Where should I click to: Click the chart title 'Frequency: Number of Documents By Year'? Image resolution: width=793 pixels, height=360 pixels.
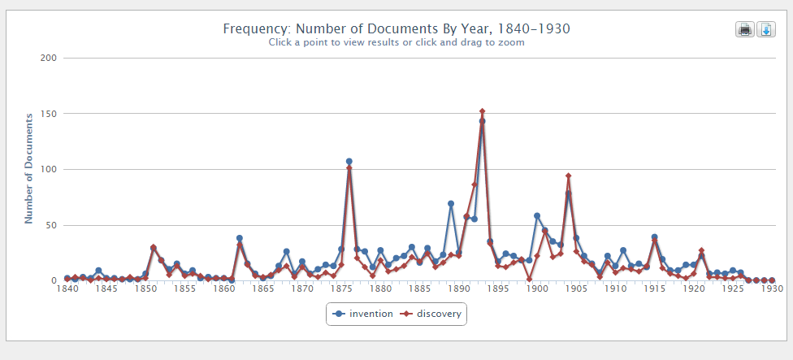click(396, 28)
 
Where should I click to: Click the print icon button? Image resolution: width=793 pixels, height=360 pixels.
click(744, 29)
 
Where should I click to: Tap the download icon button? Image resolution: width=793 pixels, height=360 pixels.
click(765, 29)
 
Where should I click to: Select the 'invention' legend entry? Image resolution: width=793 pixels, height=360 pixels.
click(363, 314)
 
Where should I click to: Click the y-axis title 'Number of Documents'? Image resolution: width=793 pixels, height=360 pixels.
click(29, 169)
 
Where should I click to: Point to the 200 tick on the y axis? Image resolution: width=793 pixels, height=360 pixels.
click(48, 58)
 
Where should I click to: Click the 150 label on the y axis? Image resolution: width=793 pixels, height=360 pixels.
click(48, 114)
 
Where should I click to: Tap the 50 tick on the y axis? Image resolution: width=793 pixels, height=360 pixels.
click(50, 225)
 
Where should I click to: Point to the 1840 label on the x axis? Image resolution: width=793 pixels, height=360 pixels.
click(67, 288)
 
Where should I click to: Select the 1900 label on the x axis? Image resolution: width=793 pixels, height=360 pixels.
click(537, 288)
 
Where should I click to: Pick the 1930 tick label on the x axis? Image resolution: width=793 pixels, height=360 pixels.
click(772, 288)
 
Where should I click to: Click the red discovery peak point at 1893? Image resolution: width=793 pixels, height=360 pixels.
click(482, 111)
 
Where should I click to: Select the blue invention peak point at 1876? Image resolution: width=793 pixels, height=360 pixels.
click(349, 161)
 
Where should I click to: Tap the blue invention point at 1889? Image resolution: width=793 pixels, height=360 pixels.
click(451, 204)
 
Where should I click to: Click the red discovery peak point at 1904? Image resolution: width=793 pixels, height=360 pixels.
click(569, 176)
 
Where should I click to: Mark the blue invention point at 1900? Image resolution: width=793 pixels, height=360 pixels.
click(537, 215)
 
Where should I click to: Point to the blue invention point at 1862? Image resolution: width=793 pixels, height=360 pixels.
click(240, 238)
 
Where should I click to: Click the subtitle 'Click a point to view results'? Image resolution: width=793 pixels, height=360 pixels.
click(396, 42)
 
